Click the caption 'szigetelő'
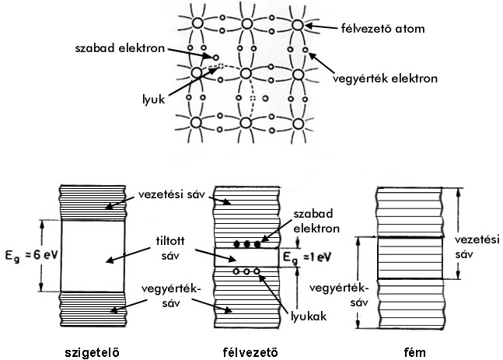coord(93,350)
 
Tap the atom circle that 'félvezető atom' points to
coord(298,25)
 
